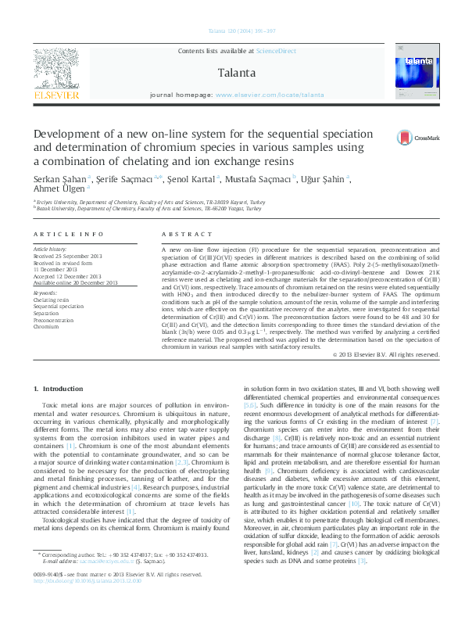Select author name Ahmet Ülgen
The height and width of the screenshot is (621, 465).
(59, 188)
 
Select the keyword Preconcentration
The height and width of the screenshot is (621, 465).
(54, 321)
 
